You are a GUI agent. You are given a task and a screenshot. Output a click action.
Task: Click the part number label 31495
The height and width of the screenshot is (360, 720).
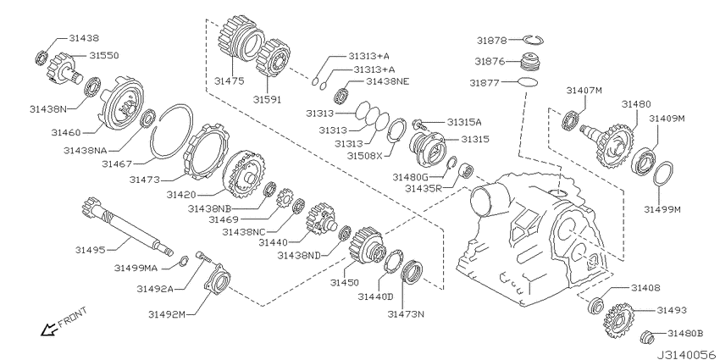click(91, 250)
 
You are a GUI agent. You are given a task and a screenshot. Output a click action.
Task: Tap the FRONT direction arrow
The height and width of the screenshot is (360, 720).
click(47, 330)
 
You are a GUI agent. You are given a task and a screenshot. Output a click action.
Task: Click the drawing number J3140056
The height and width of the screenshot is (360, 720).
click(687, 355)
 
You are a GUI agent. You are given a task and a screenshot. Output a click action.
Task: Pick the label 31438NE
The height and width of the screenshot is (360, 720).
click(388, 81)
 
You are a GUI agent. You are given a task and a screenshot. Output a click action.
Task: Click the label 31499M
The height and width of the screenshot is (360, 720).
click(662, 209)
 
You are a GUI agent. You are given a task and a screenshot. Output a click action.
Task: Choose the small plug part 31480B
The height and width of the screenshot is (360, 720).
click(646, 337)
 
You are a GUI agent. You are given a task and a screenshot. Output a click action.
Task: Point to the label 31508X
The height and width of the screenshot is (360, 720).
click(364, 156)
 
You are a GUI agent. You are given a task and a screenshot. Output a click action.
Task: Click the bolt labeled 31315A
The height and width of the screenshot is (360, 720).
click(419, 124)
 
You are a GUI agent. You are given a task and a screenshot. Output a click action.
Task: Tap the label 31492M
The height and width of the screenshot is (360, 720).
click(167, 314)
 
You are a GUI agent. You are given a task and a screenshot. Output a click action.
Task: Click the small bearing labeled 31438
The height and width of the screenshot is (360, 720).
click(42, 58)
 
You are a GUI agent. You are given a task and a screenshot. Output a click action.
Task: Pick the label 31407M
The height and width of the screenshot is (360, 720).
click(584, 90)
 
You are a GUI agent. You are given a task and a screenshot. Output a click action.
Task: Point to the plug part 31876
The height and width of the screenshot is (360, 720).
click(531, 62)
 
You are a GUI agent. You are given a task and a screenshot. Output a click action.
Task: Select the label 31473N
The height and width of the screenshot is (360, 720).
click(406, 314)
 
